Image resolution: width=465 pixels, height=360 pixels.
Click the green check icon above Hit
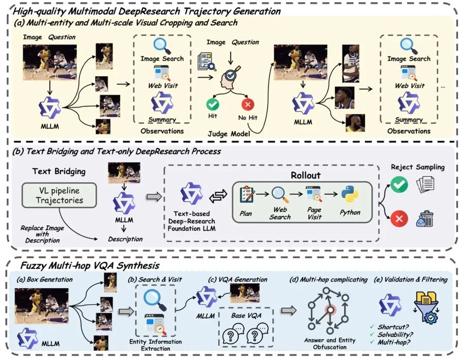click(213, 105)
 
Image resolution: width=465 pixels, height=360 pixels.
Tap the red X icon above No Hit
click(248, 105)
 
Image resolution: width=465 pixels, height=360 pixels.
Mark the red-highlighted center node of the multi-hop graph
click(330, 310)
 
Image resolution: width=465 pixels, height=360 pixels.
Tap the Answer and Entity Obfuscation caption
click(330, 344)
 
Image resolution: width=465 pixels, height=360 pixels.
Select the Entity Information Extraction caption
click(156, 345)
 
